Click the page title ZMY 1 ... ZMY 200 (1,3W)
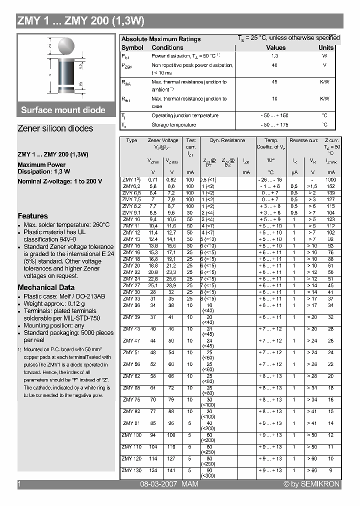80,21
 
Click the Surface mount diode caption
63,110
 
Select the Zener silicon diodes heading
55,128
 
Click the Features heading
32,216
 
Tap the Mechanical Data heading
46,287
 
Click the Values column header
276,47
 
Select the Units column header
326,47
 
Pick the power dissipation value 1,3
274,56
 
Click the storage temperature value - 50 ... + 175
274,124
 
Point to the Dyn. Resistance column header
227,141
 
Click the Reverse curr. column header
303,141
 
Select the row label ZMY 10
131,219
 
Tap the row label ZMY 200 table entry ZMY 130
131,470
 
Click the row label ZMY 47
131,340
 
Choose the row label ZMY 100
131,435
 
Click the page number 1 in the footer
19,484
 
